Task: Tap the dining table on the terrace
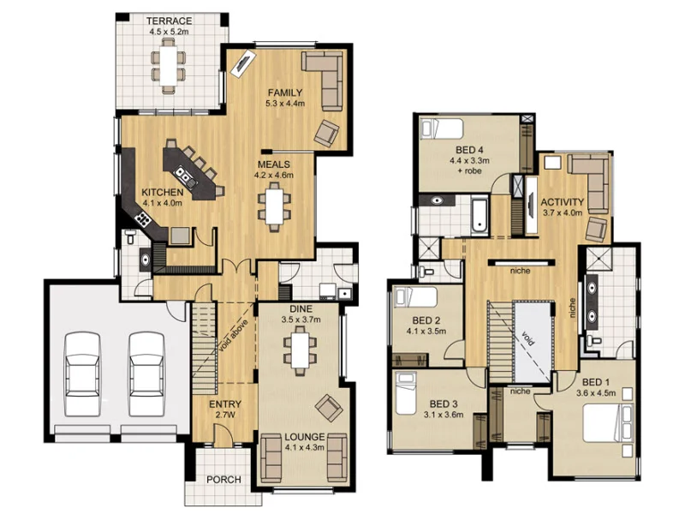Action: point(168,64)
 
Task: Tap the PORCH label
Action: point(224,479)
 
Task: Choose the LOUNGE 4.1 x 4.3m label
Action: point(305,440)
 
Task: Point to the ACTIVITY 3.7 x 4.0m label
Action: point(562,207)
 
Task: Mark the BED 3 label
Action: point(444,409)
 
